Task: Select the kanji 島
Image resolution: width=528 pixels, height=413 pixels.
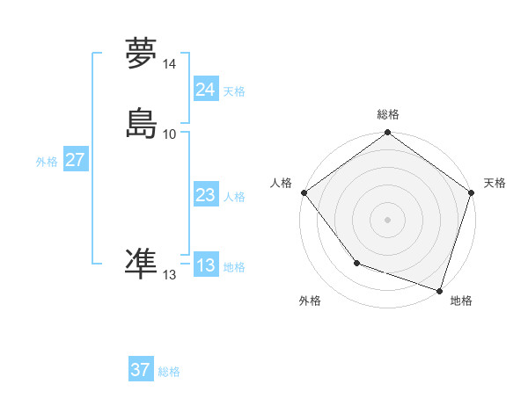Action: coord(141,123)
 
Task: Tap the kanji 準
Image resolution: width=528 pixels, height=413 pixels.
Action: coord(141,264)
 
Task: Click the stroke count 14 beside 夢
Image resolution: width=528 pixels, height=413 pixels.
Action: coord(170,64)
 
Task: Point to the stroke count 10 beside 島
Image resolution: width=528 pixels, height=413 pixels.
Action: coord(170,134)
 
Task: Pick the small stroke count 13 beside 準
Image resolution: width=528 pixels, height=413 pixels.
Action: coord(170,275)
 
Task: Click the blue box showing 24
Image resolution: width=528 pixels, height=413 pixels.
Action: coord(205,89)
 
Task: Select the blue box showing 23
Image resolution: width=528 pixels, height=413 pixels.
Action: coord(205,195)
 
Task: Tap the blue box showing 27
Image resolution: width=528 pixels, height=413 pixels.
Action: coord(75,160)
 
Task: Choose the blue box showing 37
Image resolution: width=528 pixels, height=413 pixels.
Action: coord(140,370)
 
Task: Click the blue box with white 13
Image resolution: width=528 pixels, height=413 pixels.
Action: coord(205,265)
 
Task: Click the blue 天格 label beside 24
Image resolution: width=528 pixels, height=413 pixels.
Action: coord(234,91)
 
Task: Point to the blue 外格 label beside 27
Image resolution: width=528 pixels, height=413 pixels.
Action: coord(47,162)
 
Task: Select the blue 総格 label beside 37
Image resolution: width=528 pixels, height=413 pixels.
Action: coord(169,372)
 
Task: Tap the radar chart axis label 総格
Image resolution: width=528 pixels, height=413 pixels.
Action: coord(388,114)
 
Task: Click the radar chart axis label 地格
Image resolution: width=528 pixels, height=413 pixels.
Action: coord(461,301)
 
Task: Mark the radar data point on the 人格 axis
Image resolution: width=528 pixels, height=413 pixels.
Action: coord(304,192)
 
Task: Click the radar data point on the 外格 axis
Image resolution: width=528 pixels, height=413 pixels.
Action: coord(356,263)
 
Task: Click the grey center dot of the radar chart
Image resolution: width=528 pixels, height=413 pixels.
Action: coord(388,220)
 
